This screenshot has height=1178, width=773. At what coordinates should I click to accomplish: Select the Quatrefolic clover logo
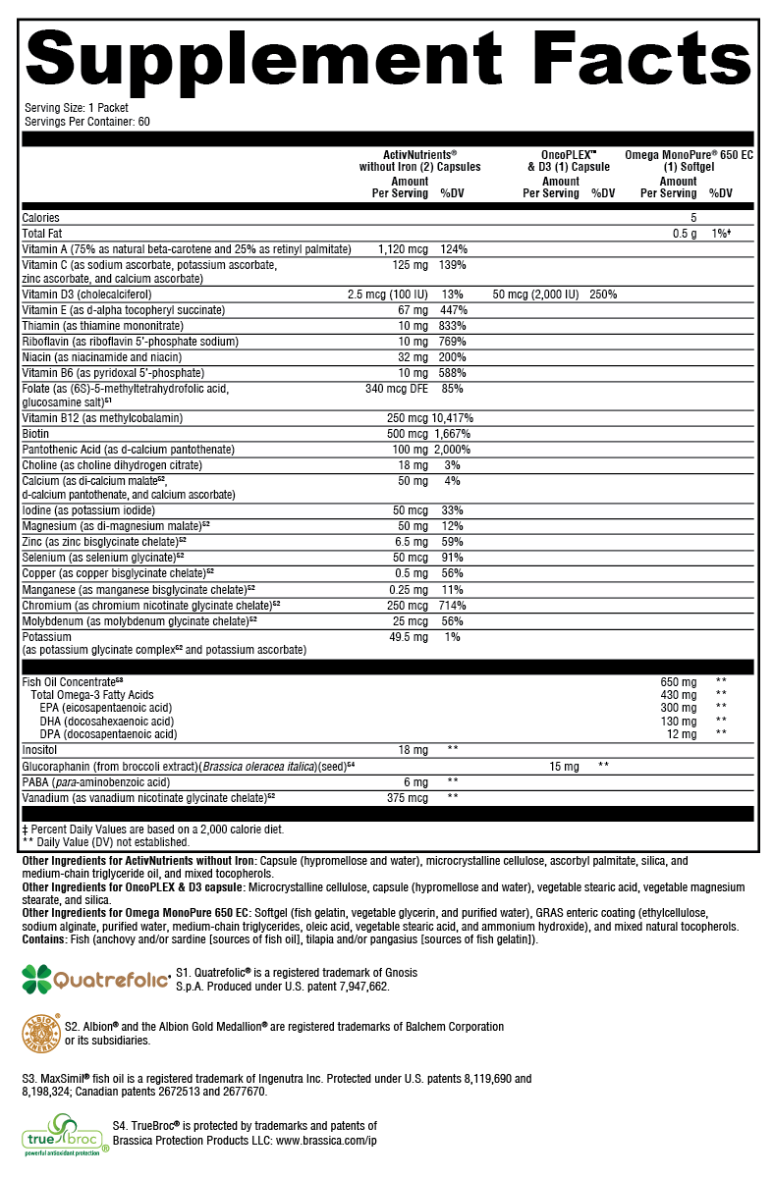37,979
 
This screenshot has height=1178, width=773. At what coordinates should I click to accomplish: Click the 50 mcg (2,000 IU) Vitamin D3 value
534,294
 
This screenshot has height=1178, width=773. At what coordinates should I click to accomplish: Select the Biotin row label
36,434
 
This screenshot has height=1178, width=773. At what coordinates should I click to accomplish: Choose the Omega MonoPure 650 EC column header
689,161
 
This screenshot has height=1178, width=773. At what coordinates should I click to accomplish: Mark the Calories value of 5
692,218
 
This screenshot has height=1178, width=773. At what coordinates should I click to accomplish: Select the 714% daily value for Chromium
453,606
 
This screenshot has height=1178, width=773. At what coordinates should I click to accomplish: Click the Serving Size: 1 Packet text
76,108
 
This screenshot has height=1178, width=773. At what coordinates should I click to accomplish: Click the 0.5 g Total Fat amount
684,233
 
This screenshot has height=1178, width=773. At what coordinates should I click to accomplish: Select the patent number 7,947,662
359,987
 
